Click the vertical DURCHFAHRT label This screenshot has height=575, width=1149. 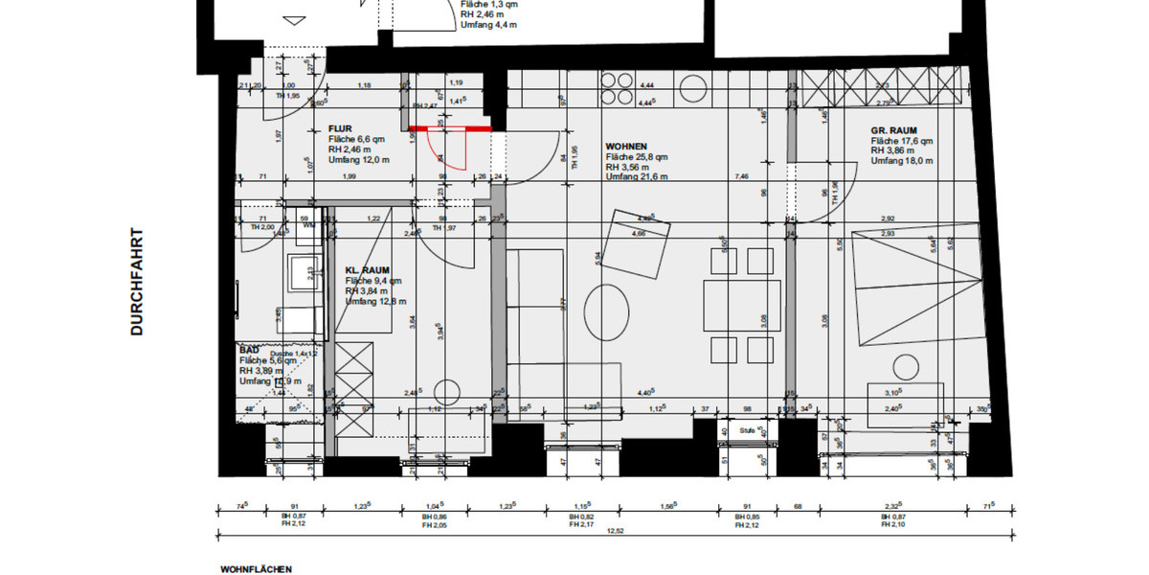click(137, 282)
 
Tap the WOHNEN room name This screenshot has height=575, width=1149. click(626, 146)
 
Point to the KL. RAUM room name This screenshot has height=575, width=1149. click(367, 270)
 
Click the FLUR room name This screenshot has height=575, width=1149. click(340, 126)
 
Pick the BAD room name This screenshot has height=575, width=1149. click(249, 350)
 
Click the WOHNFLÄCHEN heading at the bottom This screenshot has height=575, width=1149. click(256, 568)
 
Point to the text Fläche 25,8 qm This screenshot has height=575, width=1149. click(637, 156)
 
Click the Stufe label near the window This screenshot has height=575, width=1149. click(748, 431)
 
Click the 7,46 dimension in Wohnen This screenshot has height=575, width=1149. click(741, 177)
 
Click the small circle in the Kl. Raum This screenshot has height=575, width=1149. click(445, 392)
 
